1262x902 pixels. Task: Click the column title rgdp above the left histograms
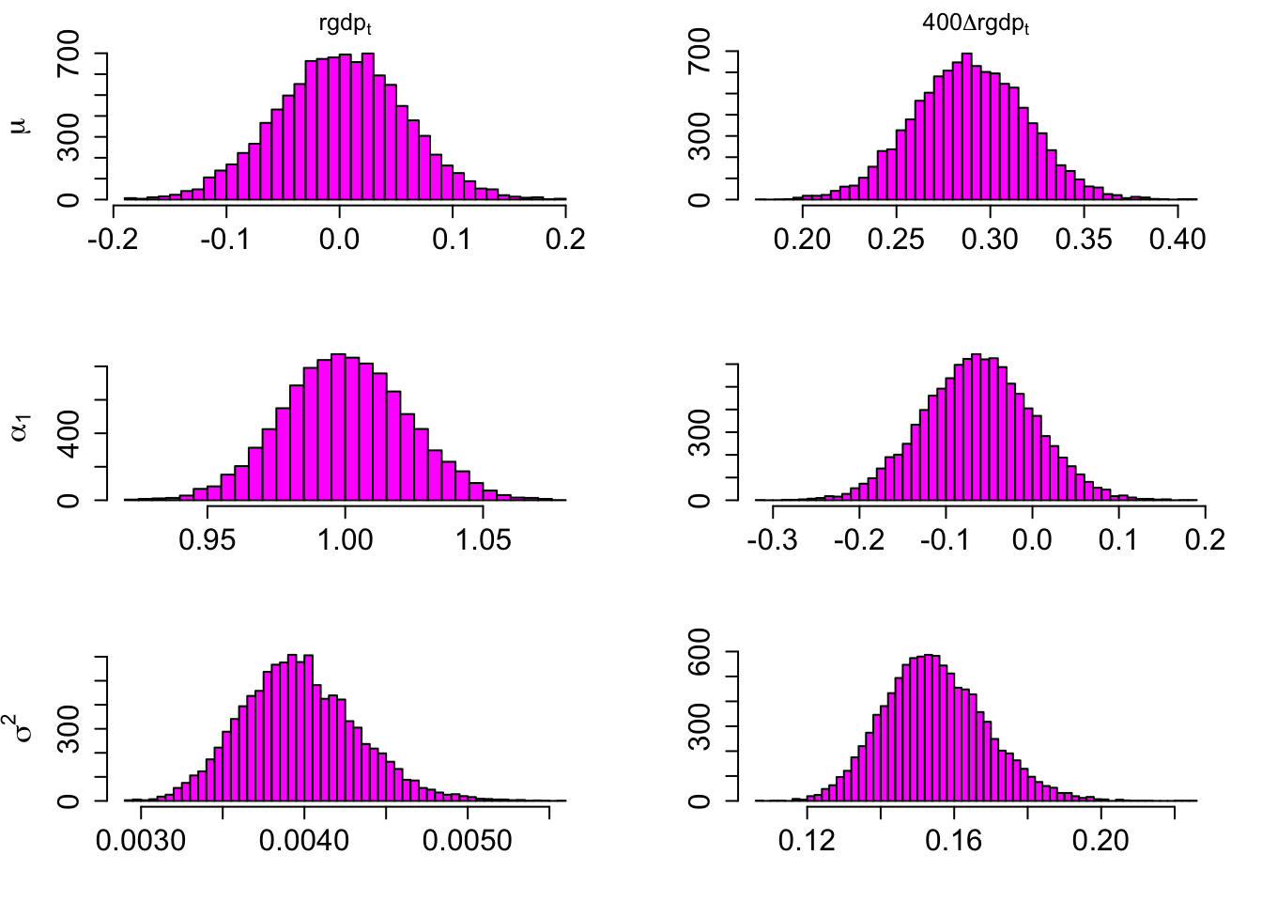click(345, 24)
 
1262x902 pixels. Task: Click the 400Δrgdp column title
click(976, 24)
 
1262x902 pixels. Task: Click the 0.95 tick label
click(208, 539)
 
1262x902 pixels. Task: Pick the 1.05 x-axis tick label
click(483, 539)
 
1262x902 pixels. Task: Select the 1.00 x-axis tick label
click(345, 539)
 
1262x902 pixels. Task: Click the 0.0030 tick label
click(141, 839)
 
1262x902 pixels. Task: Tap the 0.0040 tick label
click(304, 839)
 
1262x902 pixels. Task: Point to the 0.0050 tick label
click(468, 839)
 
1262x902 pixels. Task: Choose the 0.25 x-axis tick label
click(896, 239)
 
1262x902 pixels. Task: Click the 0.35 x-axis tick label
click(1084, 239)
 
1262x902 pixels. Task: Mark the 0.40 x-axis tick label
click(1177, 239)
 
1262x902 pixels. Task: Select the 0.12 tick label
click(807, 839)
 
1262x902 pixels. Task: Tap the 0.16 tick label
click(954, 839)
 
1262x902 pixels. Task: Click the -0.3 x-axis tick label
click(773, 539)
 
